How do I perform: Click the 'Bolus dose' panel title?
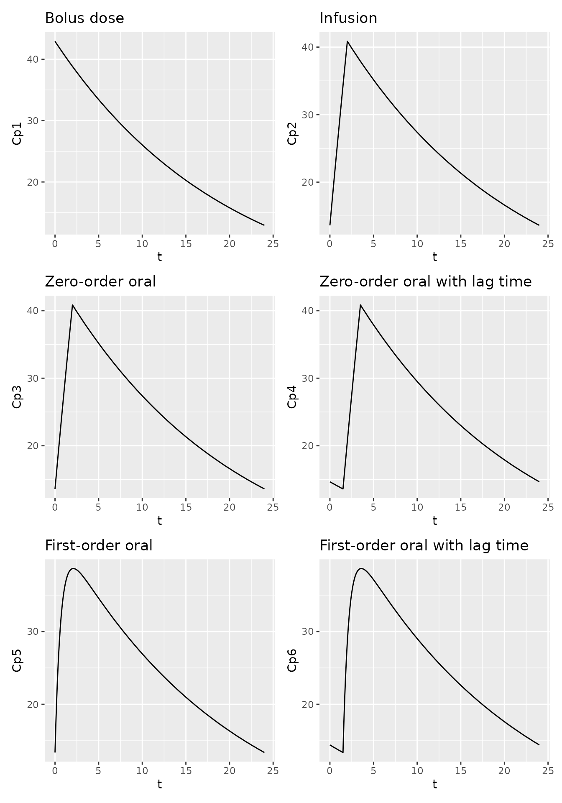coord(84,18)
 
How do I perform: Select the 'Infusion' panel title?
coord(348,18)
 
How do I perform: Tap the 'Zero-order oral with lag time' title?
coord(426,282)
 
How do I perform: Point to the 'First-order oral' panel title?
coord(99,545)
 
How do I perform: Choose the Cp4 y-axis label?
coord(292,396)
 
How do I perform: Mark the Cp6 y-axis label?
coord(292,660)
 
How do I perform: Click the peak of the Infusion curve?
coord(347,41)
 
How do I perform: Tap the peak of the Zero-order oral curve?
coord(72,305)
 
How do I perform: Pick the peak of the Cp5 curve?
coord(73,568)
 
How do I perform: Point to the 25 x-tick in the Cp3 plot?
coord(273,507)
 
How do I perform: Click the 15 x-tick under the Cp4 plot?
coord(460,507)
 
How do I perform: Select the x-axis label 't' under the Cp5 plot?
coord(159,784)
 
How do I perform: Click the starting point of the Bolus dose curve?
coord(55,41)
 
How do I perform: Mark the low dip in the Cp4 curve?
coord(343,488)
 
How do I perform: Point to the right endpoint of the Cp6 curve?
coord(539,744)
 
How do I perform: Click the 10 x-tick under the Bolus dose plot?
coord(142,244)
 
